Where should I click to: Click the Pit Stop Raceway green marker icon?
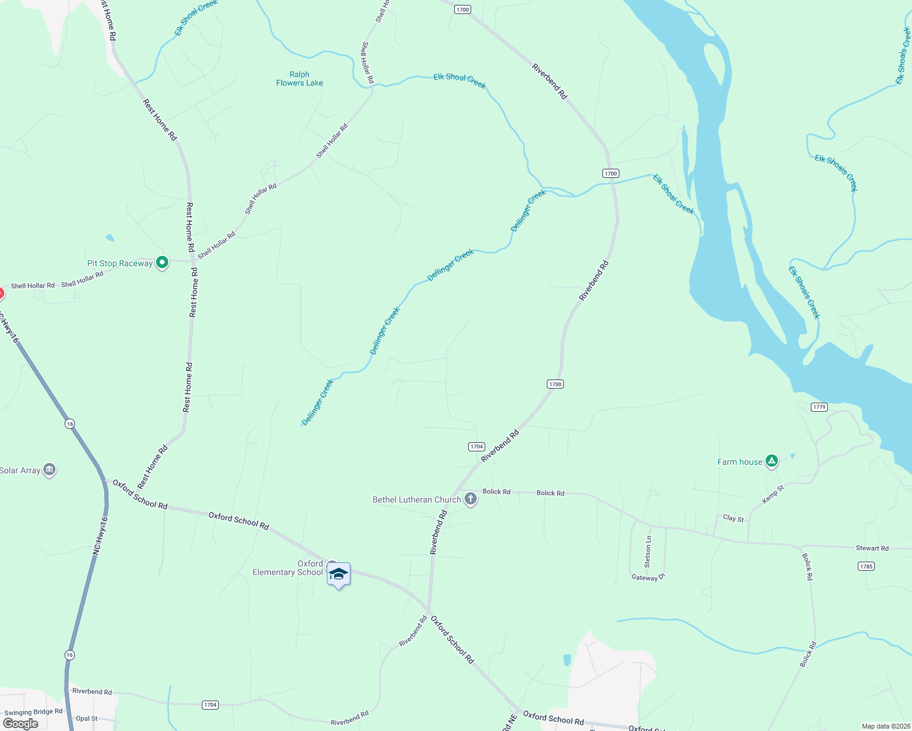pyautogui.click(x=162, y=263)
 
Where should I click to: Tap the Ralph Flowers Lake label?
pyautogui.click(x=299, y=79)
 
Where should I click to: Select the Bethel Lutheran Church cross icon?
pyautogui.click(x=470, y=500)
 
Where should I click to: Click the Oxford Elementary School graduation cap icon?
pyautogui.click(x=338, y=574)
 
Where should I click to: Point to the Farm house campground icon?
pyautogui.click(x=772, y=461)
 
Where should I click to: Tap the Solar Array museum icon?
pyautogui.click(x=49, y=470)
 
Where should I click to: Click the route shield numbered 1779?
pyautogui.click(x=819, y=407)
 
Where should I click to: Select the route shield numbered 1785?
pyautogui.click(x=866, y=567)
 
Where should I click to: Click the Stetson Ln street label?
pyautogui.click(x=648, y=551)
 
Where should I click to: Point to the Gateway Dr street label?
pyautogui.click(x=648, y=577)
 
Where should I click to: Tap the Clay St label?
pyautogui.click(x=733, y=518)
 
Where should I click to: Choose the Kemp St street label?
pyautogui.click(x=773, y=494)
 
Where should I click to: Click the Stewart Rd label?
pyautogui.click(x=872, y=548)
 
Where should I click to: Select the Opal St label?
pyautogui.click(x=87, y=719)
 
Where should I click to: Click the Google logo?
pyautogui.click(x=21, y=724)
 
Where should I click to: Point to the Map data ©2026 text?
pyautogui.click(x=886, y=726)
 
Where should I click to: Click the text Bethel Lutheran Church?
pyautogui.click(x=416, y=500)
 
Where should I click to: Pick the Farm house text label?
pyautogui.click(x=739, y=462)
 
